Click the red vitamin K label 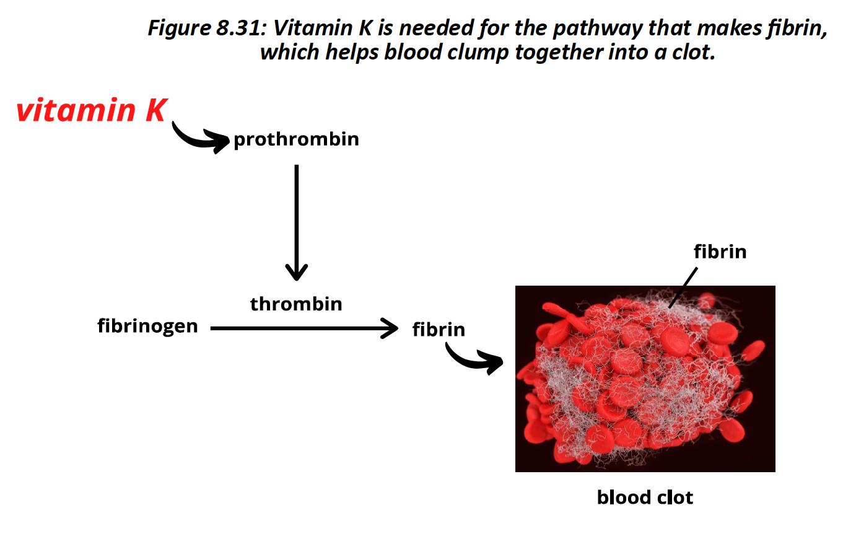(92, 110)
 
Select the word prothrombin (296, 139)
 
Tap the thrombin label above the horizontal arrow (296, 304)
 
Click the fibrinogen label (147, 326)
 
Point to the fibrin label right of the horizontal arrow (439, 330)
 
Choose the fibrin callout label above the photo (720, 252)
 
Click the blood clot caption (645, 498)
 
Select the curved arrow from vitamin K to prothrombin (198, 138)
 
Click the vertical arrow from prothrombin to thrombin (297, 217)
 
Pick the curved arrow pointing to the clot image (474, 359)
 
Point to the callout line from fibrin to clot (683, 288)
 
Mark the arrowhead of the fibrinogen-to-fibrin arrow (390, 328)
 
